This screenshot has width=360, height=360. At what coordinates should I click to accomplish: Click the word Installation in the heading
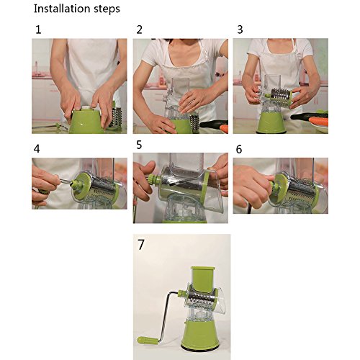coord(62,9)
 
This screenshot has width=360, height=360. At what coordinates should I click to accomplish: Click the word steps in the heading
coord(107,9)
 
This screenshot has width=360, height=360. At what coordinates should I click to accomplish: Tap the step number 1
coord(38,30)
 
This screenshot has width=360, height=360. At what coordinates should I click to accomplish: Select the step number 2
coord(139,30)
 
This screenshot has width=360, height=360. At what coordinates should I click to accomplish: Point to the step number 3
coord(240,30)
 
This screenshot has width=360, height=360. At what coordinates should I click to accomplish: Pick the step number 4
coord(37,149)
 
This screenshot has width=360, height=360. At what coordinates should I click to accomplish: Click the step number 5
coord(139,145)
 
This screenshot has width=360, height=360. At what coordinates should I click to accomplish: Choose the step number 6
coord(239,149)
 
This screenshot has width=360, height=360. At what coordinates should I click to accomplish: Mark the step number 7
coord(140,245)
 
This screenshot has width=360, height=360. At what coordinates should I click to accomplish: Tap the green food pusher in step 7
coord(203,279)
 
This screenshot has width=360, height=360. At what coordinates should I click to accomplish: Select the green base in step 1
coord(87,122)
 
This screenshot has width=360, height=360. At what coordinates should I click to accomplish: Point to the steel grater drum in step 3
coord(280,97)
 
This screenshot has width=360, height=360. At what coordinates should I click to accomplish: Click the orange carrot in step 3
coord(318,122)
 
